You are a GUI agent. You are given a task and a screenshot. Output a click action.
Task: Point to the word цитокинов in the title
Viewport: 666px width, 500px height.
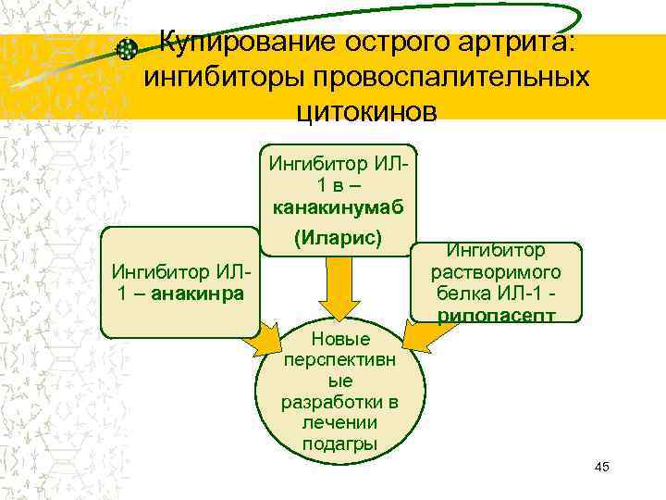point(365,111)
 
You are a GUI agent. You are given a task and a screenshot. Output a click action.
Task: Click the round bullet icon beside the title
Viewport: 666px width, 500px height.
point(130,49)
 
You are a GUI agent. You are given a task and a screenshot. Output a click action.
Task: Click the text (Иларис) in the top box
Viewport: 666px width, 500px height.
point(338,237)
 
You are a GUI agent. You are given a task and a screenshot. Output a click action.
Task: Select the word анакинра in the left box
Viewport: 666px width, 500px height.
point(201,294)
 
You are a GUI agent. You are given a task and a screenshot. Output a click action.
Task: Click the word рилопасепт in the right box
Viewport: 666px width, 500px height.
point(497,316)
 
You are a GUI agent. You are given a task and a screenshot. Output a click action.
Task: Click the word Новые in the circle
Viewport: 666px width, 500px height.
point(340,339)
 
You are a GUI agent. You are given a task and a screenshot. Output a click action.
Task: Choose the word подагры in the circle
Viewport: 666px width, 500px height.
point(339,444)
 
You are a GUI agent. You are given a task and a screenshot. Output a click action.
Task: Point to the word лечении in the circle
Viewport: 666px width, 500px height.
point(339,422)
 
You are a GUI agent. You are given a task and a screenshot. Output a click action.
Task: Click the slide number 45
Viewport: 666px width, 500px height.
point(601,467)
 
